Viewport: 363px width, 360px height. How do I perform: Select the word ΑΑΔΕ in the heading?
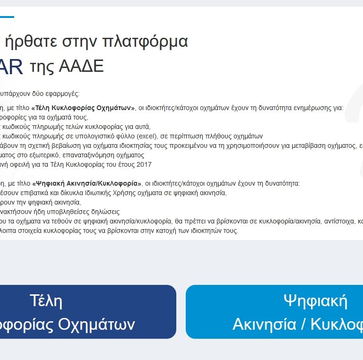(x=81, y=67)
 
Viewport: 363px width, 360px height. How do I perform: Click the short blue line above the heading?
(x=7, y=17)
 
